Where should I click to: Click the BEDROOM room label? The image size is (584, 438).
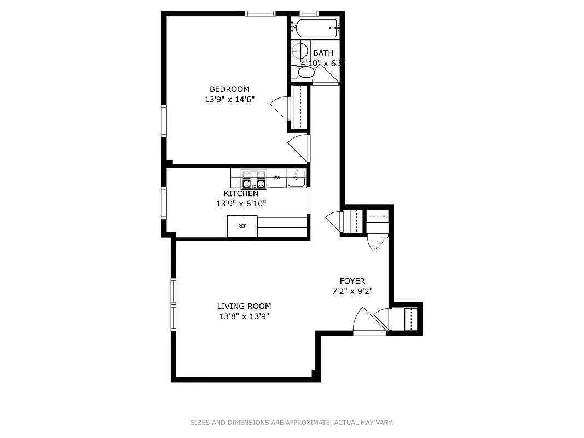pos(229,89)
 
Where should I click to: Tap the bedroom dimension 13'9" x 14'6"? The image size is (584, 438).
pos(229,100)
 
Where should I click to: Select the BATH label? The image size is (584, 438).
pos(323,53)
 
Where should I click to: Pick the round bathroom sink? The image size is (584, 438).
pos(299,50)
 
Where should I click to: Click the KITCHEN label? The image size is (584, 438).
pos(241,193)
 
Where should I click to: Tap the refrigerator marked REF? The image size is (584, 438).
pos(242,226)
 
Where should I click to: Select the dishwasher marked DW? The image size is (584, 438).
pos(277,177)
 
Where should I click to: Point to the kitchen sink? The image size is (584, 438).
pos(297,178)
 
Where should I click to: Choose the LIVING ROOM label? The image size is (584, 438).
pos(244,306)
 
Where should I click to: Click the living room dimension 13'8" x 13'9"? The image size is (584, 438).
pos(244,316)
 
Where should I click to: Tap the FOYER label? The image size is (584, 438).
pos(352,281)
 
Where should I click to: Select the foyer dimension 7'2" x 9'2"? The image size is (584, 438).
pos(352,291)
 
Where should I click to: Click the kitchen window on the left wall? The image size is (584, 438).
pos(164,203)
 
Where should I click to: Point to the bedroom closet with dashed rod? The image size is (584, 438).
pos(300,107)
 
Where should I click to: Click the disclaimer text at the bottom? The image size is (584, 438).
pos(292,423)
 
